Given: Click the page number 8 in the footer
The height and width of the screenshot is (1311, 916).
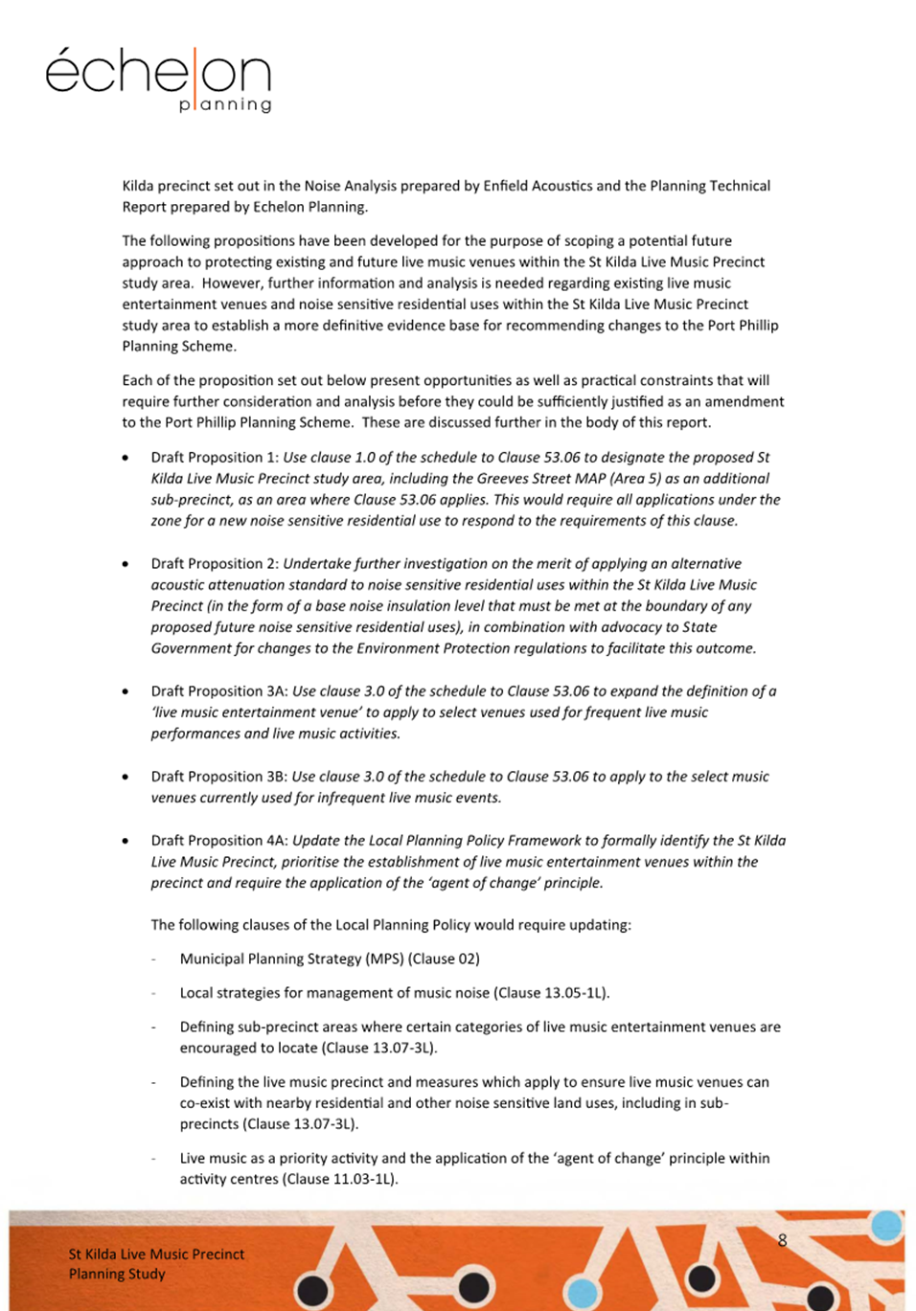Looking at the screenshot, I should [782, 1240].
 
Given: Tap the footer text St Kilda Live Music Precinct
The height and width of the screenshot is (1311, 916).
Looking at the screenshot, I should [156, 1254].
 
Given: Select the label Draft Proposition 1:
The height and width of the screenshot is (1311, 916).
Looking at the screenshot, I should [215, 458].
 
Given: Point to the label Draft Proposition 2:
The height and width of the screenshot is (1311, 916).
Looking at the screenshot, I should [215, 564].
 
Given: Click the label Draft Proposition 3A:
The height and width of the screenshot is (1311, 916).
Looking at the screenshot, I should [219, 691].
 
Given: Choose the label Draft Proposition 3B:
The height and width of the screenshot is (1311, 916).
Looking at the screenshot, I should [219, 777].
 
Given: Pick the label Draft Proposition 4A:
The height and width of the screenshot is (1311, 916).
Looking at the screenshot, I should [219, 841].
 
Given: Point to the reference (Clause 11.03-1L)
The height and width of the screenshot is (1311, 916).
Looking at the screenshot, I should [340, 1179].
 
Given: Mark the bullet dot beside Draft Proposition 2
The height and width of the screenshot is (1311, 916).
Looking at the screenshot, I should [126, 564].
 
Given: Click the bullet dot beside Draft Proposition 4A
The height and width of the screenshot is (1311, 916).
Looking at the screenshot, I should [126, 841].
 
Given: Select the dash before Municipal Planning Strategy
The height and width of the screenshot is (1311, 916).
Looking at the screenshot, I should [153, 959].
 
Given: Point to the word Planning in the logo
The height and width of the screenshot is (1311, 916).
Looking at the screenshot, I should [225, 104].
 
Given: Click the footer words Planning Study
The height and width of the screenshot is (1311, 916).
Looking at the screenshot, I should [117, 1274].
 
